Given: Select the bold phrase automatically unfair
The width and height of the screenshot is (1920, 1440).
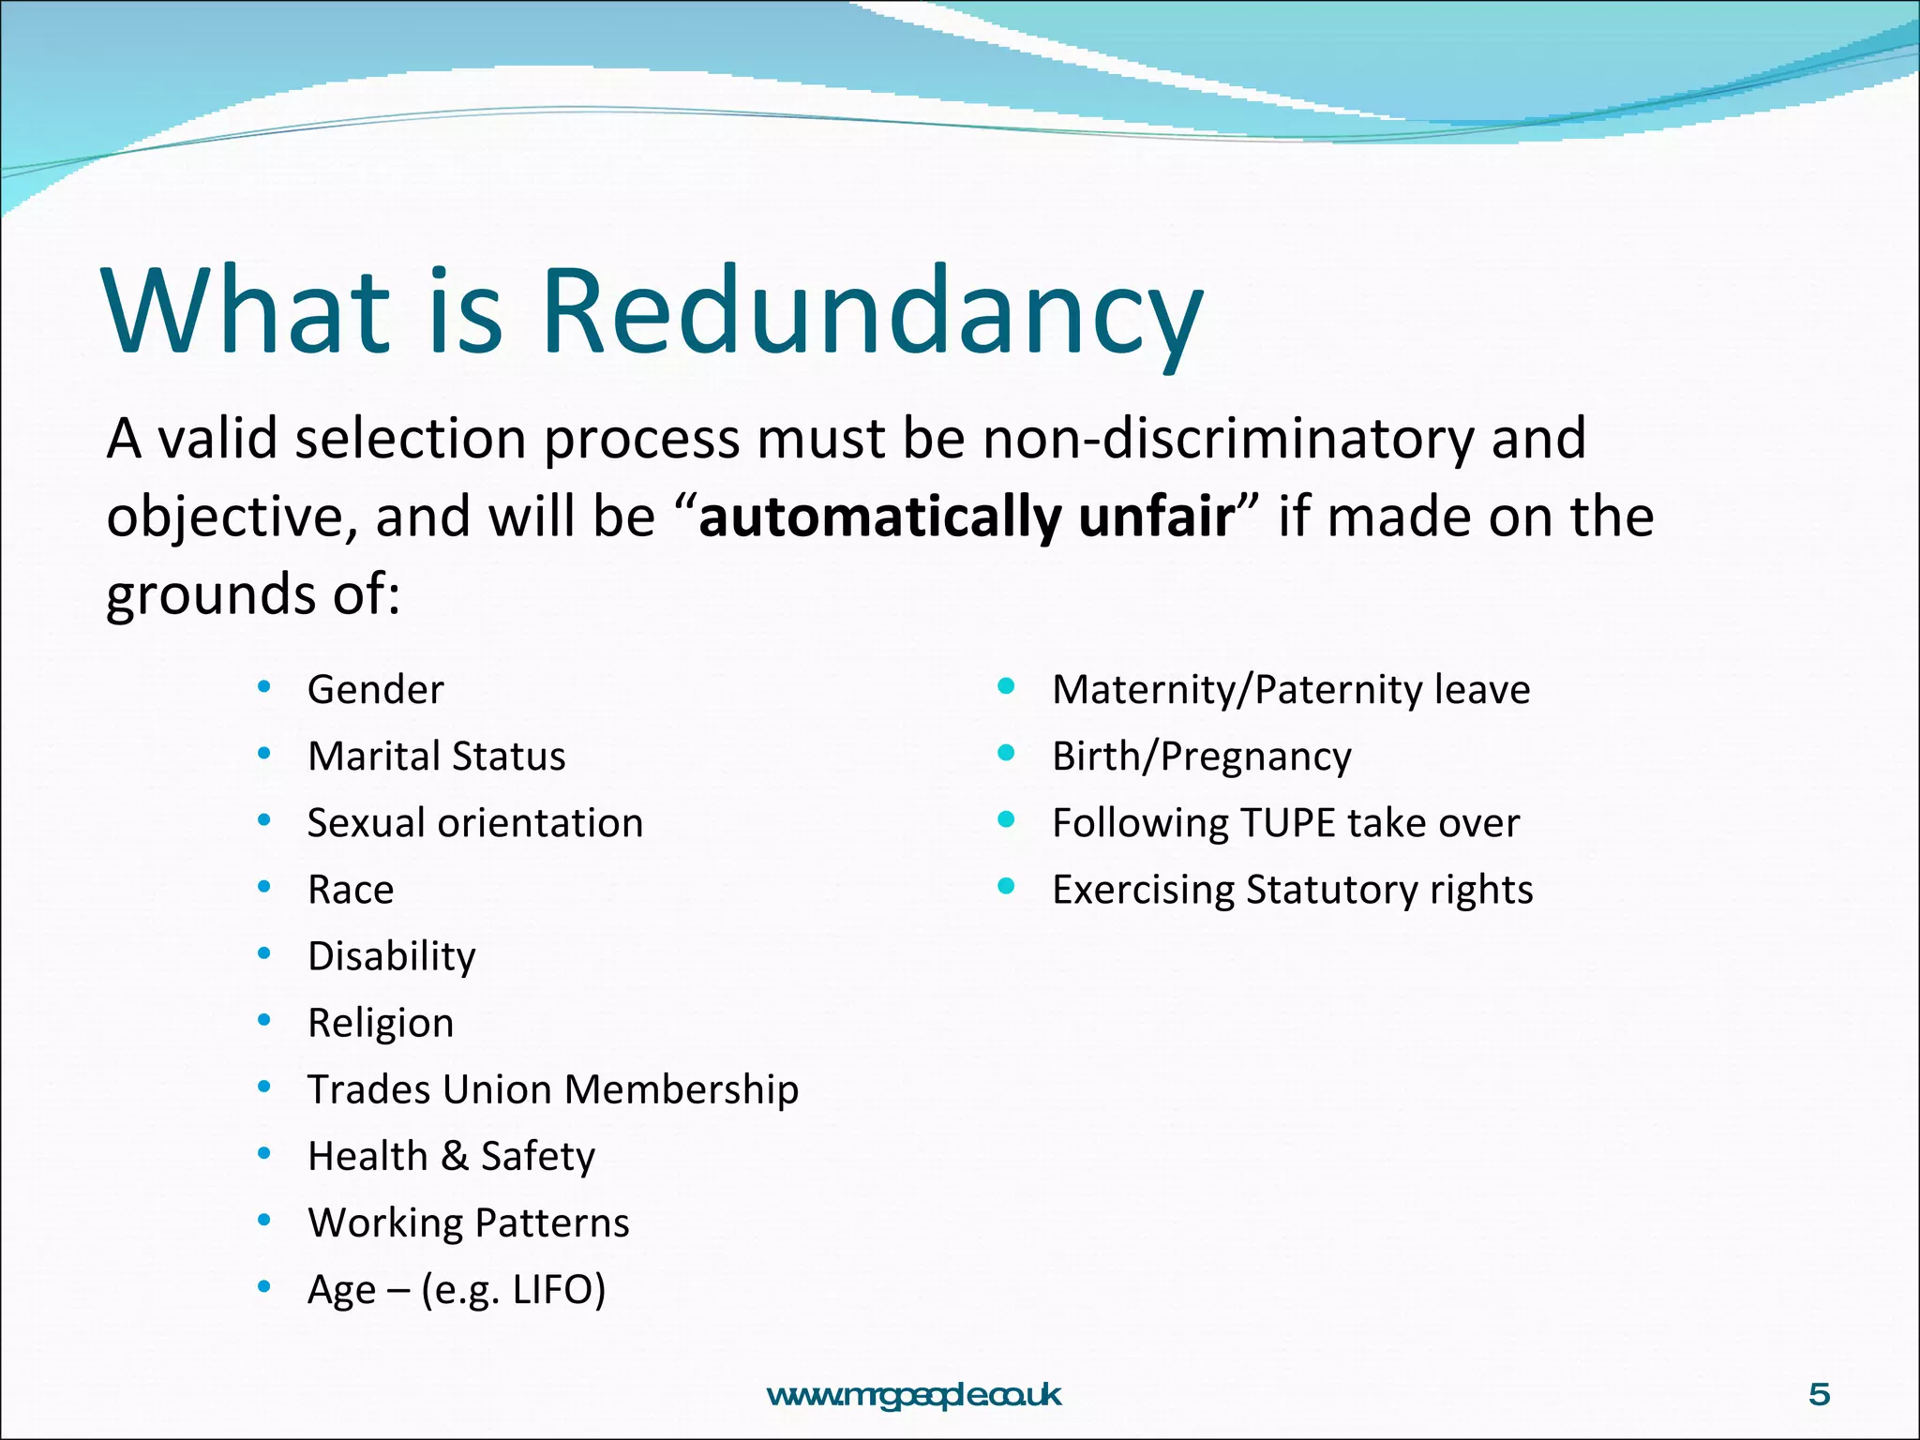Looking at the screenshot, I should pos(967,517).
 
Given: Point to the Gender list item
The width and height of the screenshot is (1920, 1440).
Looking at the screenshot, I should pos(375,690).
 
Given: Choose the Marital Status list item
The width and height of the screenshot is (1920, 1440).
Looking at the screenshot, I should pos(436,757).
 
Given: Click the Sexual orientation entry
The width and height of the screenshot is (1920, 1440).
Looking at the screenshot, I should pos(475,823).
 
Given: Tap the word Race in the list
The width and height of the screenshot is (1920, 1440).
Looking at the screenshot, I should pos(351,890).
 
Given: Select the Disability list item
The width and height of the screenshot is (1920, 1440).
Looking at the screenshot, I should pos(391,956).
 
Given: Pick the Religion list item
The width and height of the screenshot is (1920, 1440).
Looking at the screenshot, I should pos(381,1023).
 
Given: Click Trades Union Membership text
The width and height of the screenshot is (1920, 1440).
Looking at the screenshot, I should pos(553,1089).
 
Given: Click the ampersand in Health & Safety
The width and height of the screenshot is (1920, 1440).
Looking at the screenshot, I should pos(455,1156).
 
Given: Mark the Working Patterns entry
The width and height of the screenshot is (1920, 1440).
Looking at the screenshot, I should pos(468,1222).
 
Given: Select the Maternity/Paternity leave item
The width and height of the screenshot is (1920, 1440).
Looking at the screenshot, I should pos(1290,690).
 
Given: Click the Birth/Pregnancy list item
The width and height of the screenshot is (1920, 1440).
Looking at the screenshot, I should pos(1201,757).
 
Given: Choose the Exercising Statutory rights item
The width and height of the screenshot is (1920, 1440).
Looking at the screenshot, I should pos(1292,890).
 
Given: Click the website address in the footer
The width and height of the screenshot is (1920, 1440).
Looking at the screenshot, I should pos(914,1395).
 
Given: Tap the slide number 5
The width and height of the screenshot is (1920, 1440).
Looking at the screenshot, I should pos(1819,1395).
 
